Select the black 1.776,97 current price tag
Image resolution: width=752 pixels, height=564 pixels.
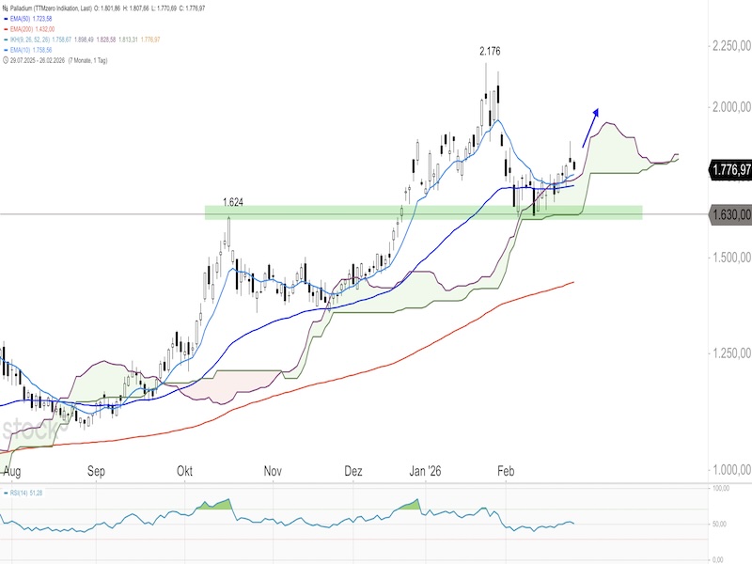(729, 170)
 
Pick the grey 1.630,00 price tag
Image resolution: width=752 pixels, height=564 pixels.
(729, 215)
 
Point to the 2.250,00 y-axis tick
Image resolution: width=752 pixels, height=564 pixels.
(729, 46)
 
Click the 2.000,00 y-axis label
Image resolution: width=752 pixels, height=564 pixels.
(729, 107)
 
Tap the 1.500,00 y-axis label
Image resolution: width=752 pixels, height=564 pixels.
(729, 257)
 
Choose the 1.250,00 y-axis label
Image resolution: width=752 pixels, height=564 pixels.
(729, 354)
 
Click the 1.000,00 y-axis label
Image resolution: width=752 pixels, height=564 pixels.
(729, 469)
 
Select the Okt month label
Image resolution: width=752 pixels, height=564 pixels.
(185, 471)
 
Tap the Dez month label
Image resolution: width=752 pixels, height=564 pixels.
(353, 471)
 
